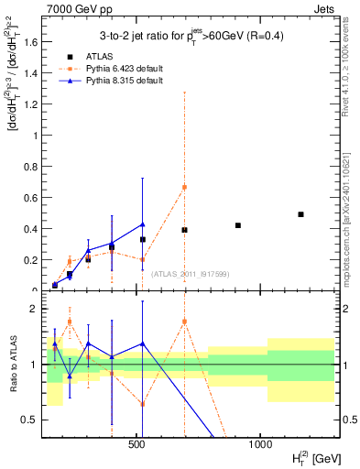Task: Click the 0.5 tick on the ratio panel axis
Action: [x=31, y=420]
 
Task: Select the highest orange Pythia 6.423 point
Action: [x=184, y=187]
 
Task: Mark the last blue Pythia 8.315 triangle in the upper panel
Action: [x=142, y=224]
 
